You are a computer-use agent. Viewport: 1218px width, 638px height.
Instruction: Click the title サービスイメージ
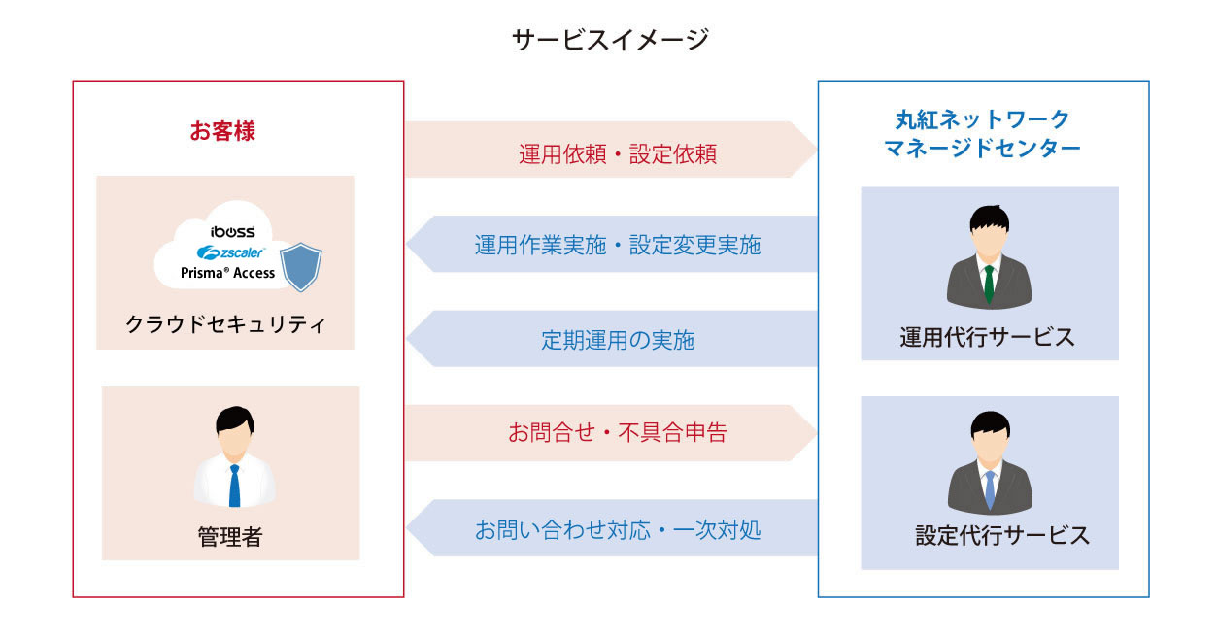click(609, 40)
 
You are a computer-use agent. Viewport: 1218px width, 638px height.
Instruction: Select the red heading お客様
click(222, 131)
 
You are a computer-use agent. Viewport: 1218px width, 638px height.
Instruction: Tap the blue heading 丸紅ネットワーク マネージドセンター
click(982, 134)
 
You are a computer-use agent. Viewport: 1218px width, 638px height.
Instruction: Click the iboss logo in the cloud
click(233, 231)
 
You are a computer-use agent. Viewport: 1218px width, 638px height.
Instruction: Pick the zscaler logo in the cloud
click(231, 252)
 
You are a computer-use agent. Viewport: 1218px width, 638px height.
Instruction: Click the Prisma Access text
click(228, 273)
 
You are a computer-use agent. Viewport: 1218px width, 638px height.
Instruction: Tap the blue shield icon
click(301, 267)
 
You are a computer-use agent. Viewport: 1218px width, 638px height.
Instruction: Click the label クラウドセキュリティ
click(225, 324)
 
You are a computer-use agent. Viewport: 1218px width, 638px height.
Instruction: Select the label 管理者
click(230, 536)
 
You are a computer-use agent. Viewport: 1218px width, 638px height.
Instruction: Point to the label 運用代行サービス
click(988, 337)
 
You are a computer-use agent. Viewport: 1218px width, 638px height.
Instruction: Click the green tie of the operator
click(989, 283)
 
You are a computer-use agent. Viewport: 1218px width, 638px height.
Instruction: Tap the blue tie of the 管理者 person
click(234, 485)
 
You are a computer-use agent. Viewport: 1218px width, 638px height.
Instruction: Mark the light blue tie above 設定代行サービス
click(990, 489)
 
